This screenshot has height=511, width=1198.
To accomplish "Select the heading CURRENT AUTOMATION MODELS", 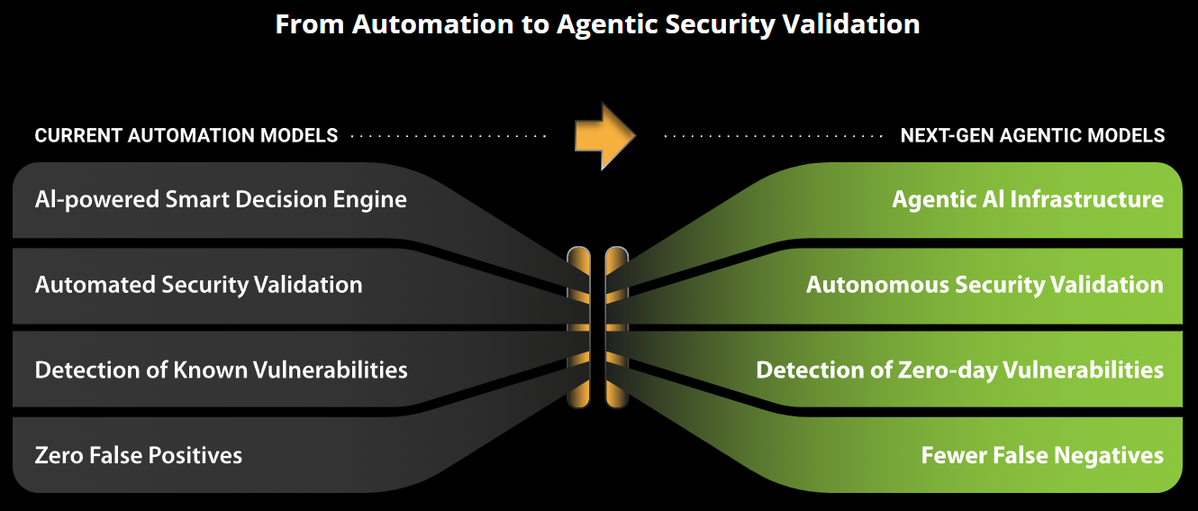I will click(186, 136).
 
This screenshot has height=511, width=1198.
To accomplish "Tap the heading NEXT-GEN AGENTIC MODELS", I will click(1032, 136).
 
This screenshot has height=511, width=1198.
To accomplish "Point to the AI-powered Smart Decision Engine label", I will click(221, 199).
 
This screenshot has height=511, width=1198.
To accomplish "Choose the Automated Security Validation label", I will click(198, 285).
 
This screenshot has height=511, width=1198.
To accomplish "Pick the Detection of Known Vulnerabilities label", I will click(221, 370).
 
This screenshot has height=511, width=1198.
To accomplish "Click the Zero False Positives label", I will click(139, 455).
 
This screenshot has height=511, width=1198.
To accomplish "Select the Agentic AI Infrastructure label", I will click(1028, 199).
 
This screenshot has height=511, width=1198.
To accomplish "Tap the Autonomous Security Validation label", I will click(985, 285).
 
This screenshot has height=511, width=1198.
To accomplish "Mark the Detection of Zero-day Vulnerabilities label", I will click(959, 370).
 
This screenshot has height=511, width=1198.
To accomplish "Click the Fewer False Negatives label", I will click(1042, 455).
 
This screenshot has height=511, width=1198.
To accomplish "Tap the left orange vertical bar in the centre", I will click(578, 328).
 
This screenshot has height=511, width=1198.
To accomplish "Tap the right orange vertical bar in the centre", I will click(616, 328).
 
